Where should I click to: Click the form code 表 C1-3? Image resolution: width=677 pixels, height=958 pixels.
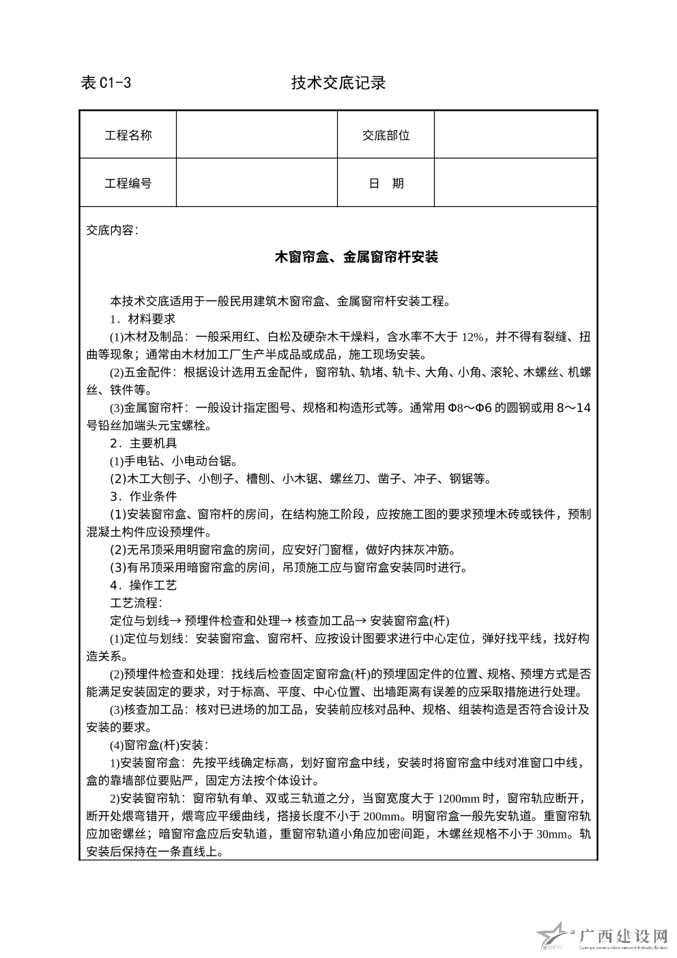click(x=106, y=83)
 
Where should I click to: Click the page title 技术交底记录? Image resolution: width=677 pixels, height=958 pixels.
click(x=338, y=83)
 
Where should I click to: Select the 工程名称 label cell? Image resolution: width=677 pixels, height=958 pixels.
click(x=128, y=135)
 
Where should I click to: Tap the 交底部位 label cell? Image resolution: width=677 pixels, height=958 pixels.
click(x=386, y=135)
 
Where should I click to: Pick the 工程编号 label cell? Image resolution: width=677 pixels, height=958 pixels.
click(x=128, y=183)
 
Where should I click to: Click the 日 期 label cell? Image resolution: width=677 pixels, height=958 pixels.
click(x=386, y=183)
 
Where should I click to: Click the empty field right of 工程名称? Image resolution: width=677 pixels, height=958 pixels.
click(x=257, y=135)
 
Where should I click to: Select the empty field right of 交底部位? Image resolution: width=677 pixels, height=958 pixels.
click(x=515, y=135)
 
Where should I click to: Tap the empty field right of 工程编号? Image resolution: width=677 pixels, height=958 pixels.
click(x=257, y=183)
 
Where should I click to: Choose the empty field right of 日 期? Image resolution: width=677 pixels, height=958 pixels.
click(x=515, y=183)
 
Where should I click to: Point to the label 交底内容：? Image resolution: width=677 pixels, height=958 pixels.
click(x=113, y=230)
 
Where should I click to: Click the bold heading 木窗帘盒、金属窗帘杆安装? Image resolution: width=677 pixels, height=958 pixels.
click(x=356, y=257)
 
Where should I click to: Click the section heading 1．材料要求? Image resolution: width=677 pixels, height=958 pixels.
click(x=143, y=319)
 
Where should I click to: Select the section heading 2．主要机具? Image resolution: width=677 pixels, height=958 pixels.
click(x=143, y=443)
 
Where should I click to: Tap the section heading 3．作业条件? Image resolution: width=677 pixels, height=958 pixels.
click(x=143, y=496)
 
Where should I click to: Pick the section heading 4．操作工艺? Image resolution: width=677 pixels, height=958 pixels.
click(x=143, y=585)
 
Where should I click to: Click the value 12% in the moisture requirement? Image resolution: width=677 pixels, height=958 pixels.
click(x=473, y=337)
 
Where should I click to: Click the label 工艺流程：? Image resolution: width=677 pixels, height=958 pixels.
click(x=135, y=603)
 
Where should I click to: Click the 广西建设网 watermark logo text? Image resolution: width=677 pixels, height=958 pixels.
click(x=622, y=936)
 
